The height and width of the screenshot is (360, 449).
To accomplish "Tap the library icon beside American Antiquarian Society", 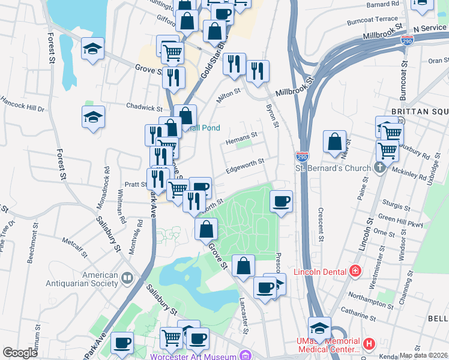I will [x=127, y=278].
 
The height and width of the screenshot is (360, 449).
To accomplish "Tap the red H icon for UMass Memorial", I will [x=369, y=344].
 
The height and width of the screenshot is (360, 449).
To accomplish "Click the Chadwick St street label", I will [x=144, y=107].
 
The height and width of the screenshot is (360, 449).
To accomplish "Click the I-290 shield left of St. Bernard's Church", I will [x=302, y=156].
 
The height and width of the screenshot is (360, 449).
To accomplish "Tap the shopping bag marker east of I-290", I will [x=335, y=142].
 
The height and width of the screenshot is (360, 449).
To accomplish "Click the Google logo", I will [x=20, y=352].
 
